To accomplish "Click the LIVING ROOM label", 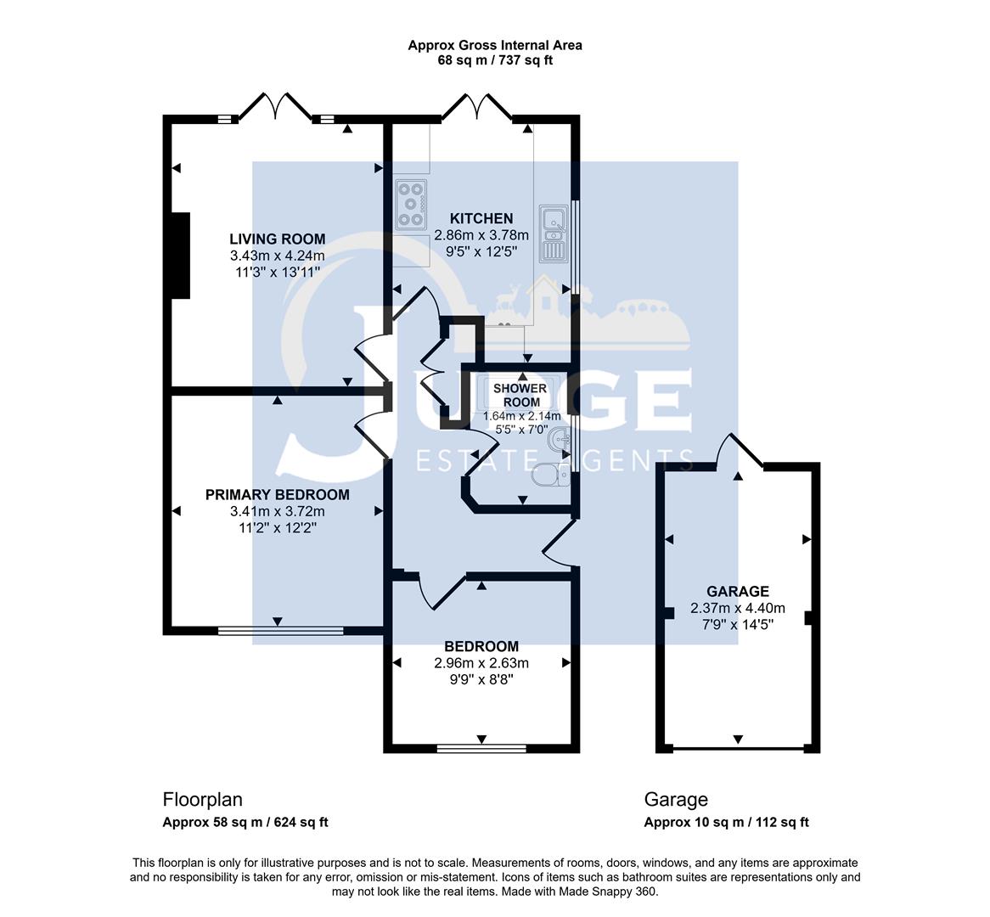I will (x=277, y=239).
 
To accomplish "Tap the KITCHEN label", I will (x=481, y=218).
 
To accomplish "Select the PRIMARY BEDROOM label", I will (x=277, y=495).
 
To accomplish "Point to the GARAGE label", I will (x=737, y=592).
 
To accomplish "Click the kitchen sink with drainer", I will (x=554, y=233).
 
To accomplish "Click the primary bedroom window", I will (x=280, y=631).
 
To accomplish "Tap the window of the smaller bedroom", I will (x=481, y=749).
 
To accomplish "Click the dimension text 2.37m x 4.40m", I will (x=737, y=608).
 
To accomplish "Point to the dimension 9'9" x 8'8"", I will (x=481, y=679).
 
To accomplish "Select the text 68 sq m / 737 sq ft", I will (x=495, y=60).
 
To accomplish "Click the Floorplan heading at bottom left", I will (x=202, y=800).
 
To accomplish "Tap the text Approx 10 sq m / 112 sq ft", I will (x=726, y=822).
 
